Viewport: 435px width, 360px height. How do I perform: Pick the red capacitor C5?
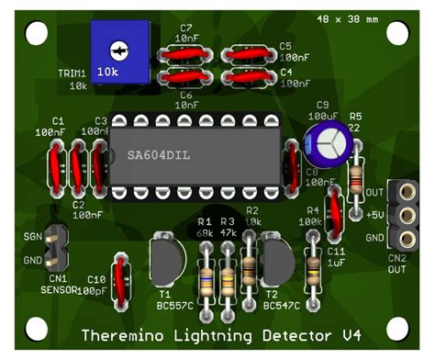click(249, 55)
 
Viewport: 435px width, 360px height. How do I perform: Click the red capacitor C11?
click(336, 214)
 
